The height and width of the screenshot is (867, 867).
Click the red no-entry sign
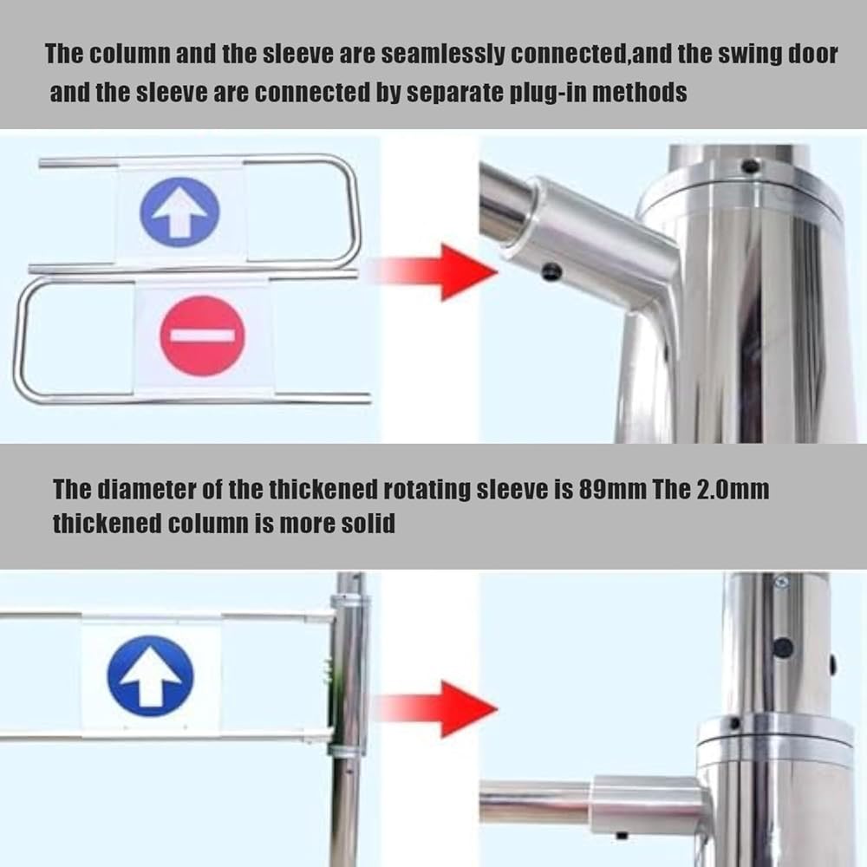[202, 336]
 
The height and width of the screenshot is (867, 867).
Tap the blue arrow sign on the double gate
[179, 212]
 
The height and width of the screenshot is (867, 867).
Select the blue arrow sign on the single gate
[150, 675]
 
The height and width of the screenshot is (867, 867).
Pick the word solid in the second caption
[368, 523]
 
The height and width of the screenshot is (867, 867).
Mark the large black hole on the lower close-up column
[782, 648]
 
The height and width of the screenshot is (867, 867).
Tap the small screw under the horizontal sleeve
[622, 834]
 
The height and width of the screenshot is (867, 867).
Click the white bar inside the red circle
[202, 336]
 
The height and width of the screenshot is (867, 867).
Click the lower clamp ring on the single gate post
[348, 751]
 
